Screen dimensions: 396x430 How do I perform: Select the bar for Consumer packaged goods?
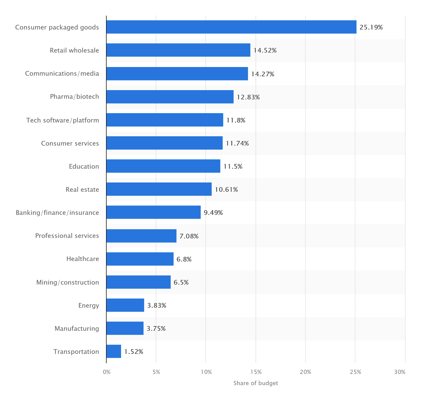(x=231, y=27)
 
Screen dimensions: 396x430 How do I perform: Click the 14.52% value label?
(x=265, y=50)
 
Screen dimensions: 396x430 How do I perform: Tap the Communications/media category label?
(x=62, y=73)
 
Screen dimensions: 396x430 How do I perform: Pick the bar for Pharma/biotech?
(x=170, y=97)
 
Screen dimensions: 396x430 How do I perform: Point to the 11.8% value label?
(x=235, y=120)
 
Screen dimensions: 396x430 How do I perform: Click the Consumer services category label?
(x=70, y=143)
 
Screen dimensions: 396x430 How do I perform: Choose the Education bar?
(x=163, y=166)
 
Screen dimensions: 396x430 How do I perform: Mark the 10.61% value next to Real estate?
(x=226, y=190)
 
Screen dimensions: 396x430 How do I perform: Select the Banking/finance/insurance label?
(x=57, y=213)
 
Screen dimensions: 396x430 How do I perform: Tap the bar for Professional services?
(x=141, y=236)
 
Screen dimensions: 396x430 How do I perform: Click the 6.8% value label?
(x=184, y=259)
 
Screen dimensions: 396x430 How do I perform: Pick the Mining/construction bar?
(x=138, y=282)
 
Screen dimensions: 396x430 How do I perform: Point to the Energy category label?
(x=89, y=305)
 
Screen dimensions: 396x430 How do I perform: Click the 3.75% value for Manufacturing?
(x=156, y=329)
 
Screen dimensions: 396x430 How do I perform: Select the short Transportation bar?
(x=114, y=351)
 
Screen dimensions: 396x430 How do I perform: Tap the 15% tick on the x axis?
(x=256, y=372)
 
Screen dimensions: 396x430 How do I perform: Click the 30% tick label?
(x=400, y=372)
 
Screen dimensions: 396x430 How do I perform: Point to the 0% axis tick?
(x=107, y=372)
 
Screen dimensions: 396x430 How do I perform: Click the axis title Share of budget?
(x=256, y=383)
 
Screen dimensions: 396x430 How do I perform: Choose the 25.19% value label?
(x=371, y=27)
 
